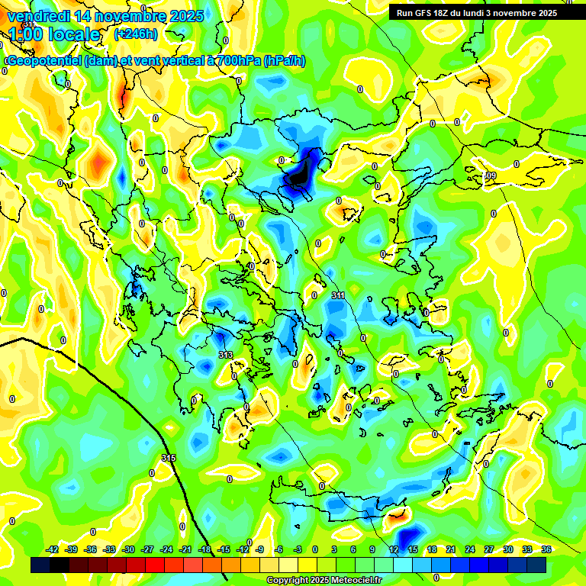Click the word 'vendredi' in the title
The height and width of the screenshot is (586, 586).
37,16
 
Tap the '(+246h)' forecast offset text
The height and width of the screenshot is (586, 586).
136,34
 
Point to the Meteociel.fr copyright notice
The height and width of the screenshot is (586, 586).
324,580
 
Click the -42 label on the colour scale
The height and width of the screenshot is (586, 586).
53,549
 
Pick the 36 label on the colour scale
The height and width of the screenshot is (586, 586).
546,549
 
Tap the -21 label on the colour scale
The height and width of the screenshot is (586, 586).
185,549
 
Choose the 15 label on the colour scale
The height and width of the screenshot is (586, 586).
413,549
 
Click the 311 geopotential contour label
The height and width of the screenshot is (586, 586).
338,295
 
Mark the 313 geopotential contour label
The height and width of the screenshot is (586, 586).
225,356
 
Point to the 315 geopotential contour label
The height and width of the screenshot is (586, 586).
169,458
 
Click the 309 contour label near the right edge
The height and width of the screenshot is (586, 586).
490,176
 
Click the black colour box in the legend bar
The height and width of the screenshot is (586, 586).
40,565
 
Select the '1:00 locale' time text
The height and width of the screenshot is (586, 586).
55,34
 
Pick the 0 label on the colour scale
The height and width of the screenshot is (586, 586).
315,549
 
